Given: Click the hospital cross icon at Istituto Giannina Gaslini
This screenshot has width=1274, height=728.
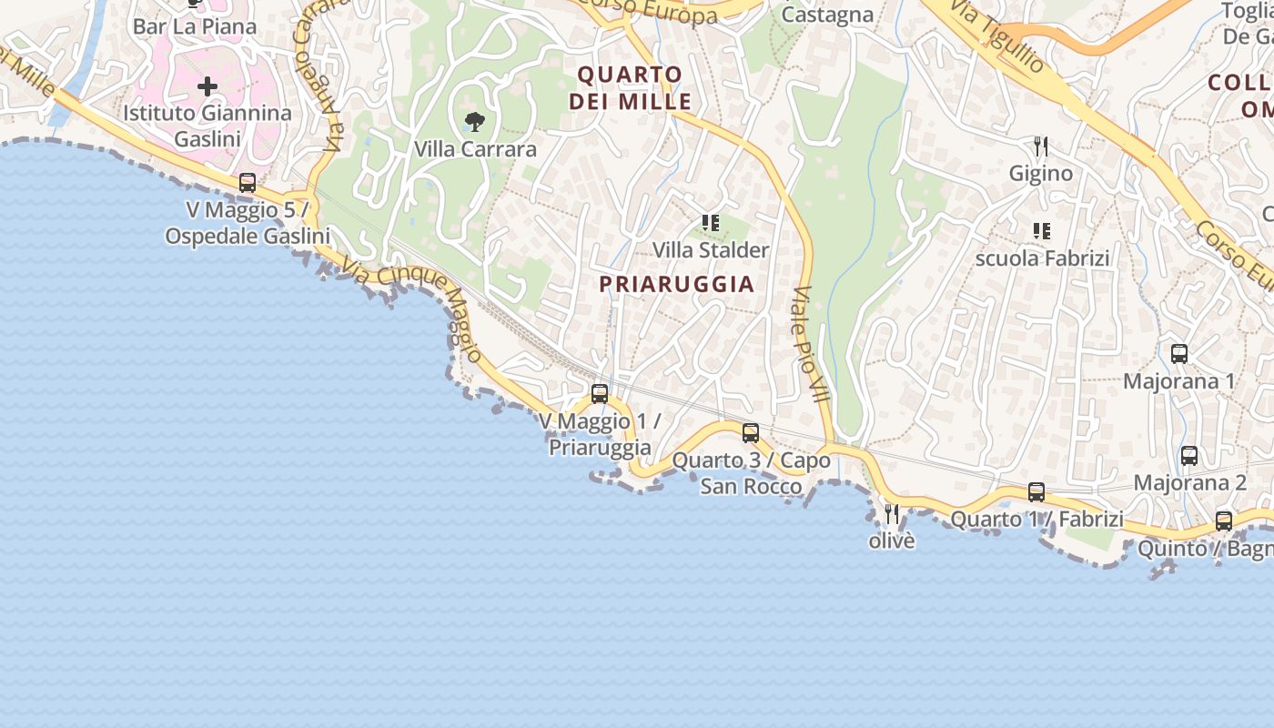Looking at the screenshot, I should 207,87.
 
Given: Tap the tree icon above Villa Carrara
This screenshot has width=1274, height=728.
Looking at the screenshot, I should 474,121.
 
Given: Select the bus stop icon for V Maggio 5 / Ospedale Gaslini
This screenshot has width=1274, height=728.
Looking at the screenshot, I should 248,182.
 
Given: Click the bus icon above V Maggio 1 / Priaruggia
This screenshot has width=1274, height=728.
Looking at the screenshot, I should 600,393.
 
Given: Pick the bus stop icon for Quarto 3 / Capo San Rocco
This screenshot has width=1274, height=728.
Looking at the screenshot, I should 751,433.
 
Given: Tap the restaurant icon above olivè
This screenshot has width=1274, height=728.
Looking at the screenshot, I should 892,514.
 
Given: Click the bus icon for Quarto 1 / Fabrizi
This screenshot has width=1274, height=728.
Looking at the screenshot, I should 1036,492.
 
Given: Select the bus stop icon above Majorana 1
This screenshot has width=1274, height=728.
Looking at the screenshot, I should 1179,354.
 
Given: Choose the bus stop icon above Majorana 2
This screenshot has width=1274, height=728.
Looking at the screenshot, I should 1189,456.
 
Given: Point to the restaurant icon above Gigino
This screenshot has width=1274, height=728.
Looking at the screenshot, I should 1041,146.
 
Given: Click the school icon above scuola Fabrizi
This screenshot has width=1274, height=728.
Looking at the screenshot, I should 1042,231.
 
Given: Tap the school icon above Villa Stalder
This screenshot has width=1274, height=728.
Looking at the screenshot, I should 711,222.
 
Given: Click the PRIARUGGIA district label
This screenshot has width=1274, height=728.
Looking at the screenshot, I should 677,284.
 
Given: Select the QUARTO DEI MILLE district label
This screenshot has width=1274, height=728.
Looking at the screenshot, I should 631,87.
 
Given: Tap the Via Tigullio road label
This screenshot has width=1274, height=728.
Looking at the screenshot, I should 997,35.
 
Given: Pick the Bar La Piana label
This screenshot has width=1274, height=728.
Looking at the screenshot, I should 195,26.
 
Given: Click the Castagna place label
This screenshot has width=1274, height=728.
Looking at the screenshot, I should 828,15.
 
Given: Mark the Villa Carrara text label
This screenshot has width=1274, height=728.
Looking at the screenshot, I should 475,148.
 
